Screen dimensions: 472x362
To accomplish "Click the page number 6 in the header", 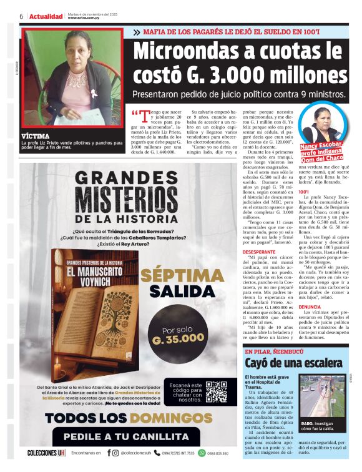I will [21, 16].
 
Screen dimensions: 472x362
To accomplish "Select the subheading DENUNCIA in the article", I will [309, 307].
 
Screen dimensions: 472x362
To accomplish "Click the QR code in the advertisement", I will [217, 391].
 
